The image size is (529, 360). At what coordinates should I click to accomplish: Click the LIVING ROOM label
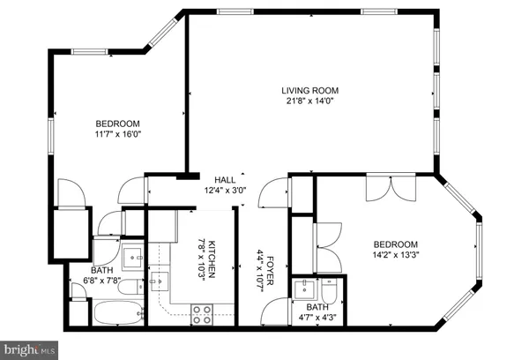(x=309, y=90)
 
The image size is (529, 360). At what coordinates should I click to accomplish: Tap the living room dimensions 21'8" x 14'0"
(x=309, y=101)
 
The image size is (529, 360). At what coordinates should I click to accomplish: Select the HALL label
(x=226, y=179)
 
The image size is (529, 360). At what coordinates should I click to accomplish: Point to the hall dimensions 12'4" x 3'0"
(x=226, y=190)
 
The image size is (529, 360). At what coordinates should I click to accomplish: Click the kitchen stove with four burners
(x=202, y=310)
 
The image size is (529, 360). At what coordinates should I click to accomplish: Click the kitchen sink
(x=160, y=283)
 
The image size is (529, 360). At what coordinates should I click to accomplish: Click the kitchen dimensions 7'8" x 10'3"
(x=201, y=260)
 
